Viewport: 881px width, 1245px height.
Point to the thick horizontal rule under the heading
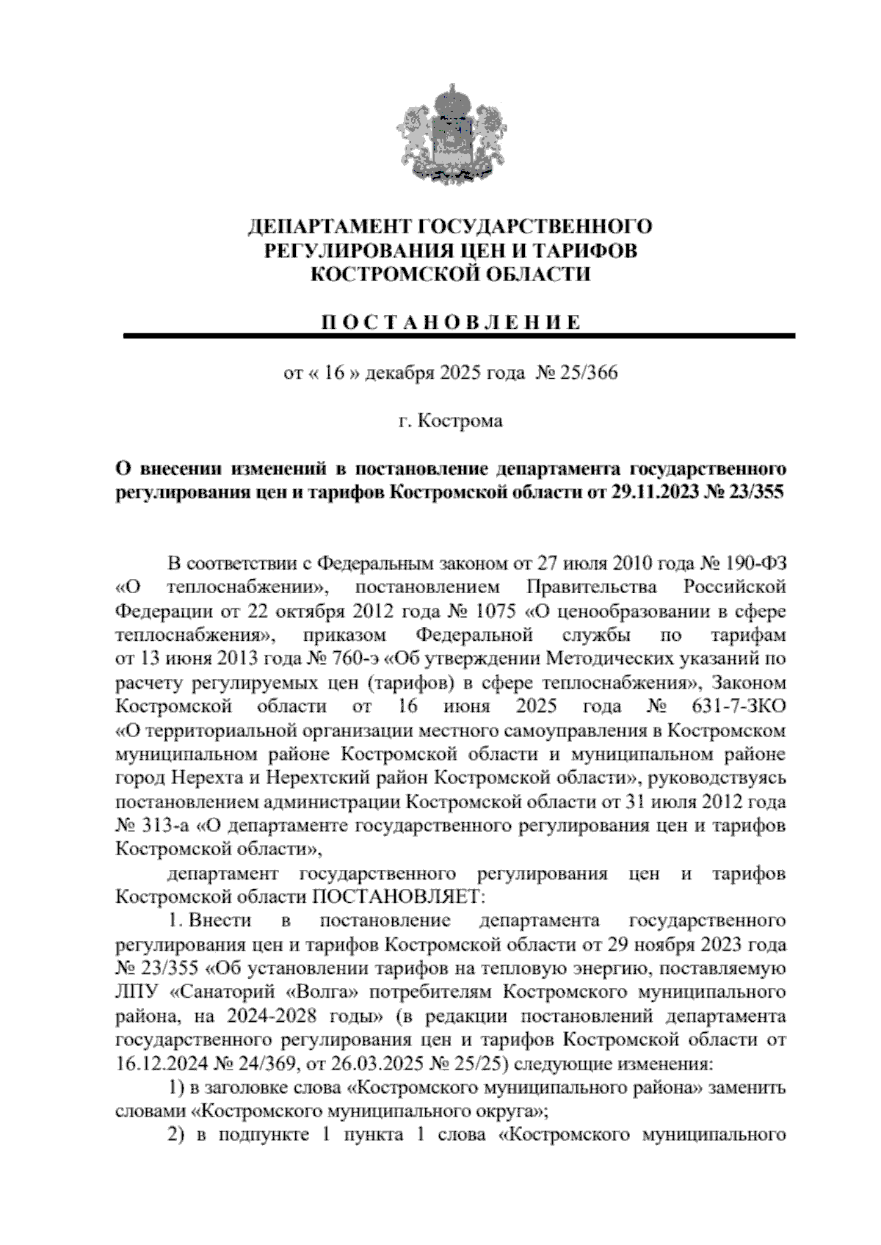pos(460,336)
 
